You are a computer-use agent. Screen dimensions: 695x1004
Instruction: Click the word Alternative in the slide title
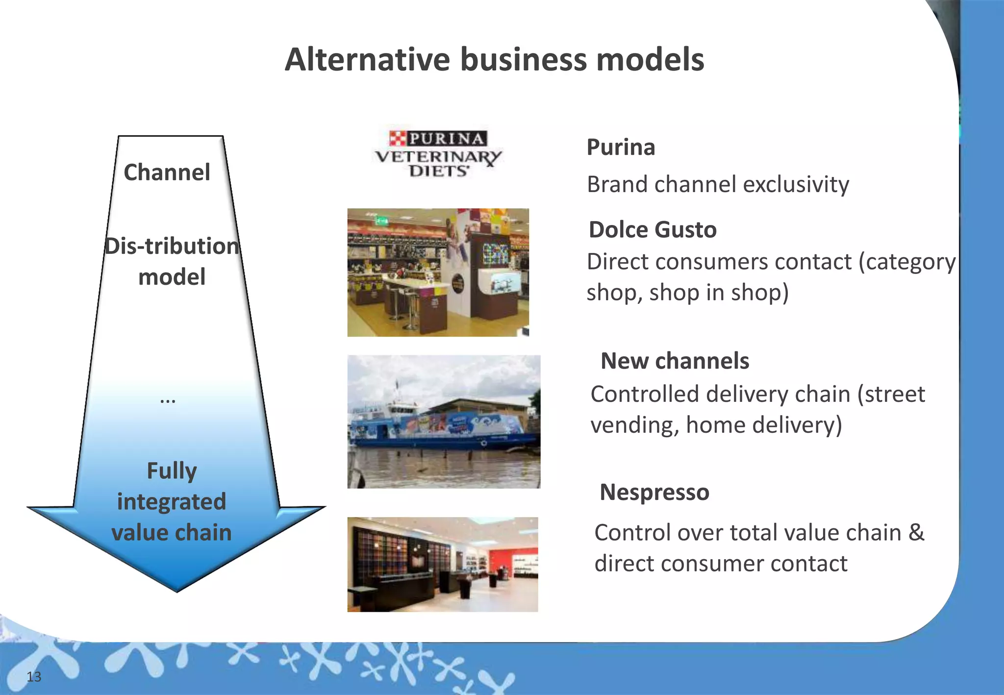(367, 60)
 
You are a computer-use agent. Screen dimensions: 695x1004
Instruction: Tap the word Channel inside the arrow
(167, 173)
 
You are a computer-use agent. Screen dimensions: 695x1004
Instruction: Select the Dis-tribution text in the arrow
(172, 246)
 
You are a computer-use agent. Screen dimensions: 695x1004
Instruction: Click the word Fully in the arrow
(172, 471)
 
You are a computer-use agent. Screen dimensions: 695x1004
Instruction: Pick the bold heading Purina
(621, 147)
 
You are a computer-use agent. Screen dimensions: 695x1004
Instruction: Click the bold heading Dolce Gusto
(653, 229)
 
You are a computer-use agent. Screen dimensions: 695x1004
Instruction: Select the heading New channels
(675, 361)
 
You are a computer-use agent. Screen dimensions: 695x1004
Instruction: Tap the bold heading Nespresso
(654, 492)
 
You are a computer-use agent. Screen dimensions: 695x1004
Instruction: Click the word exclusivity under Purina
(796, 185)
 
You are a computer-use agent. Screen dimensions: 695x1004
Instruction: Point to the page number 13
(34, 677)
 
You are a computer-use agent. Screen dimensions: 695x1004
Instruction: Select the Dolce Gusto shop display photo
(438, 273)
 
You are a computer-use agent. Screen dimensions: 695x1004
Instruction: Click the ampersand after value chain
(916, 533)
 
